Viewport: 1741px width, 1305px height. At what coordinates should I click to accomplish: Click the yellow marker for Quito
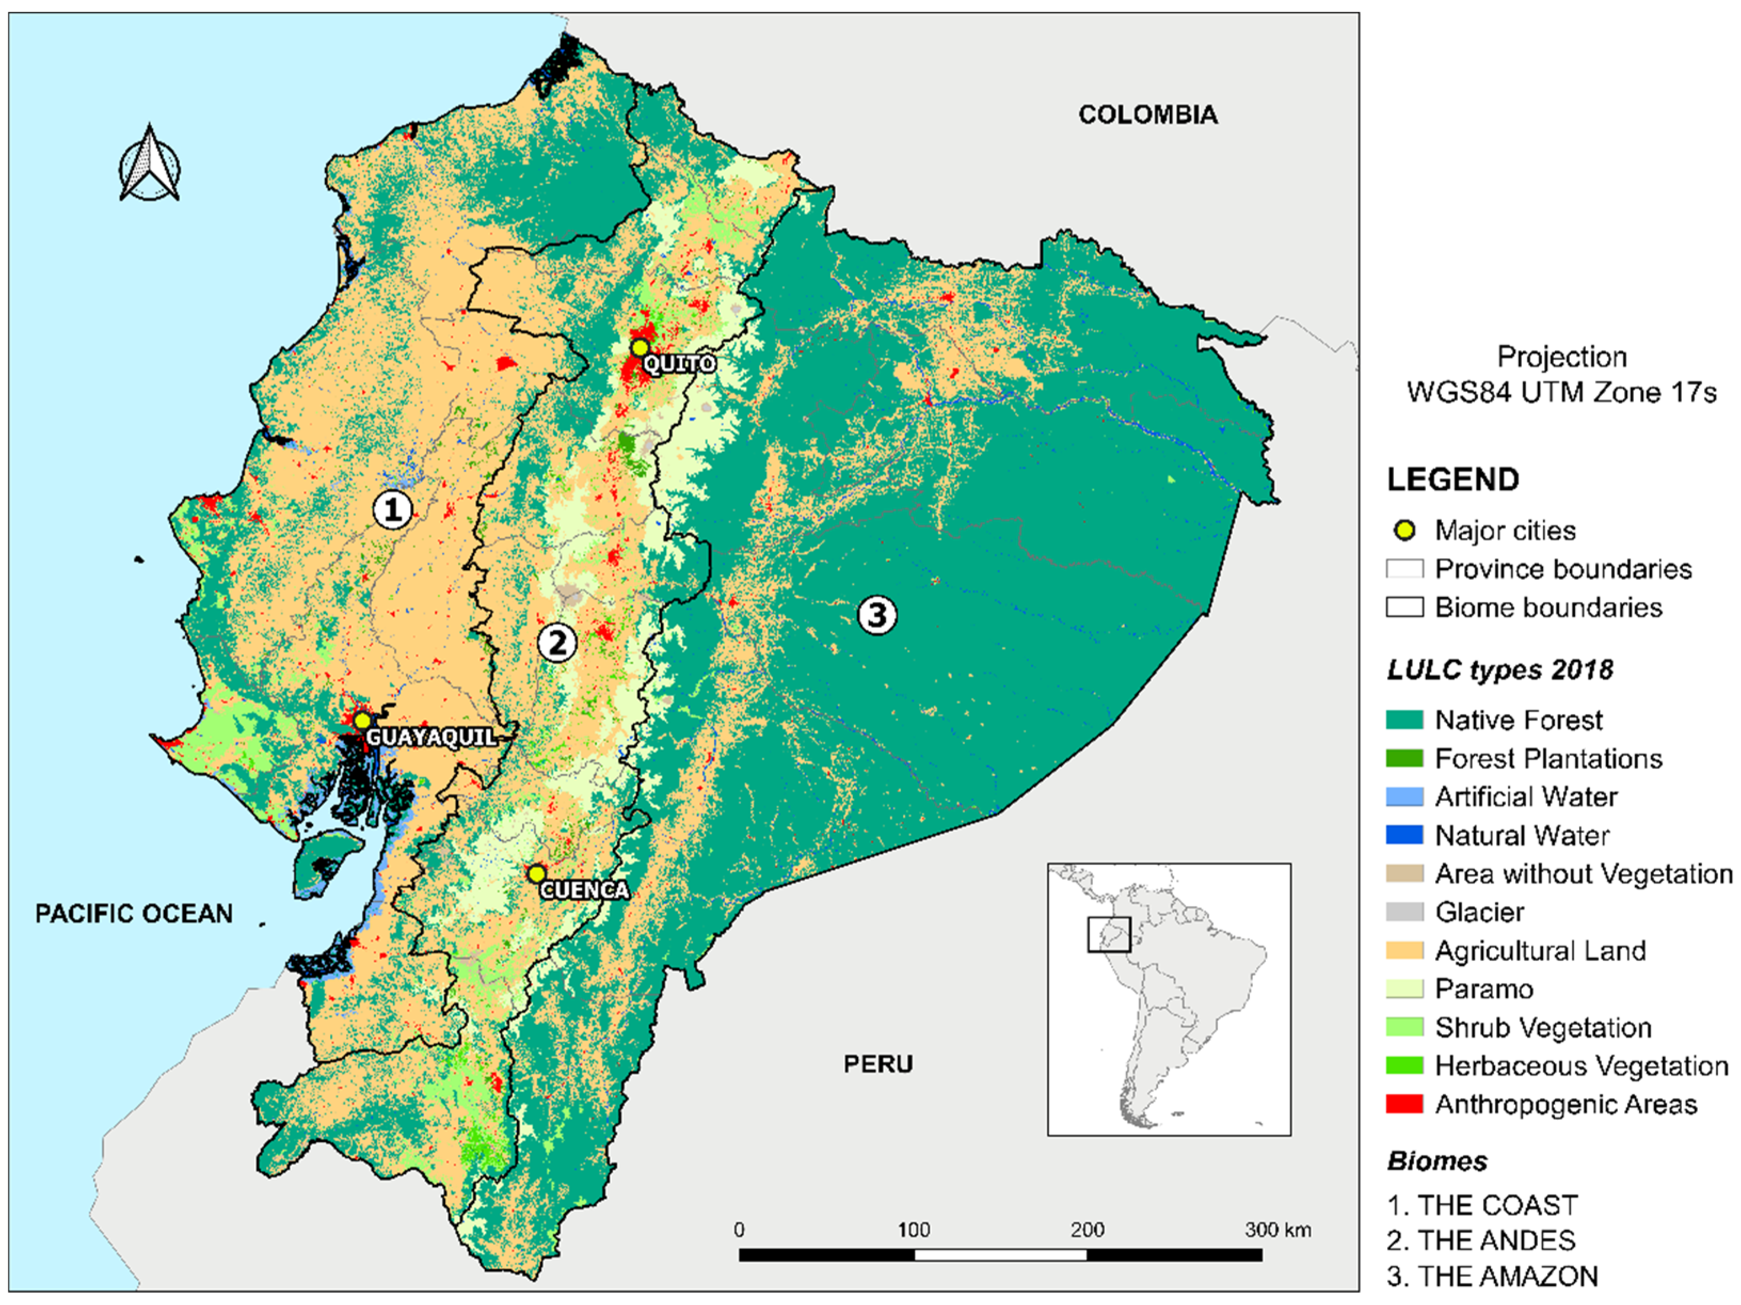640,347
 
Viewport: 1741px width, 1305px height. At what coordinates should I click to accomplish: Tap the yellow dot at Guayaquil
361,720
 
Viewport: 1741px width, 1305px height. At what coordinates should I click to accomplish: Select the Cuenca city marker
536,874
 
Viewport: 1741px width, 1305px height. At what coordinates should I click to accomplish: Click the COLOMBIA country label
1147,115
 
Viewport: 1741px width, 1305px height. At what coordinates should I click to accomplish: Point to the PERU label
877,1064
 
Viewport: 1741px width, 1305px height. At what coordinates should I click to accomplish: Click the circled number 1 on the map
392,510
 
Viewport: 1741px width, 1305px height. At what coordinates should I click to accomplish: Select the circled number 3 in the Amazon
877,614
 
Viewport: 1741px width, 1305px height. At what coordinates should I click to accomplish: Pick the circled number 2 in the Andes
557,643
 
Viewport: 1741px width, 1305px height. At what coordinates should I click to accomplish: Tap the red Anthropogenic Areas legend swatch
1404,1104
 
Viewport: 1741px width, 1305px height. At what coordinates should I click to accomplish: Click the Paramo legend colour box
1404,989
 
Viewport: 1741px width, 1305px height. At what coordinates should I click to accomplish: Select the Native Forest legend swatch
1404,719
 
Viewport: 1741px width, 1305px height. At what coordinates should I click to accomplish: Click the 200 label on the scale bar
1087,1229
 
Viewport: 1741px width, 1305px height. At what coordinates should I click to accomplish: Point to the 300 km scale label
1277,1229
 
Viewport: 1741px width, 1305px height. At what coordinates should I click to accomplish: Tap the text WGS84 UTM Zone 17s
1562,392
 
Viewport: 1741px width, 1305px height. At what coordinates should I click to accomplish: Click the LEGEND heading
1453,479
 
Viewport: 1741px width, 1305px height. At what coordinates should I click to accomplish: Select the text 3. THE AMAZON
1492,1276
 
